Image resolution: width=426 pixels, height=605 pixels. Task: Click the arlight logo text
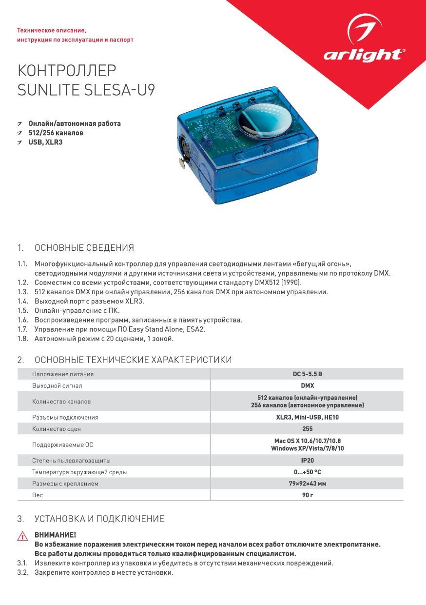tap(364, 55)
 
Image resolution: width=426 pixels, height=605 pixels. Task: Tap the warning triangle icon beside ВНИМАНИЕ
tap(22, 536)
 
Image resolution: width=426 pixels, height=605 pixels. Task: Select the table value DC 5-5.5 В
tap(307, 374)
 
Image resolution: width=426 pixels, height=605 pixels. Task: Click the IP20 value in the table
tap(307, 461)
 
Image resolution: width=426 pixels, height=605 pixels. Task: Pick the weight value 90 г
tap(307, 495)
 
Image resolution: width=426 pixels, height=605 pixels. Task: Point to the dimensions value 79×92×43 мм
tap(307, 484)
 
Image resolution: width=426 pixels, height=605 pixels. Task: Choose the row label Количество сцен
tap(57, 429)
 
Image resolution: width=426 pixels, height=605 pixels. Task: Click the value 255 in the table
tap(307, 429)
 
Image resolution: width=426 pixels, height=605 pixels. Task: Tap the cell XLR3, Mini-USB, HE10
tap(307, 418)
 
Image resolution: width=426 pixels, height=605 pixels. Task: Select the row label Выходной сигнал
tap(57, 386)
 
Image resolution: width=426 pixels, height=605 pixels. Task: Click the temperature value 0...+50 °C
tap(307, 472)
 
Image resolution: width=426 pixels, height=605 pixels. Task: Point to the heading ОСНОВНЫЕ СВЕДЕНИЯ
tap(84, 248)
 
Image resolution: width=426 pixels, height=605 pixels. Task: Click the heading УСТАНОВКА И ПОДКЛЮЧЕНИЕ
tap(99, 519)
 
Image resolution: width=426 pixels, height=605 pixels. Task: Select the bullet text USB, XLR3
tap(45, 142)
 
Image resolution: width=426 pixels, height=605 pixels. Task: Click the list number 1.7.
tap(22, 329)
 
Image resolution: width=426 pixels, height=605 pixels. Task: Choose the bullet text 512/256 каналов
tap(56, 133)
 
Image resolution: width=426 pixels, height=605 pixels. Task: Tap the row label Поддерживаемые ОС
tap(62, 445)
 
